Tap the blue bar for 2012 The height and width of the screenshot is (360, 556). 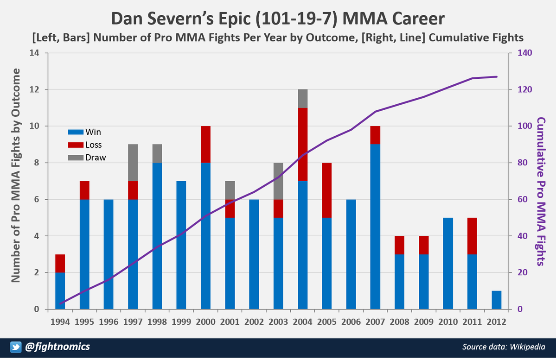point(497,300)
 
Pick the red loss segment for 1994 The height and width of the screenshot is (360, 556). point(60,263)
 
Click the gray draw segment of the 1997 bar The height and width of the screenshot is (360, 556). point(133,162)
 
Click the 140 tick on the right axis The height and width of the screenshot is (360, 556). point(524,53)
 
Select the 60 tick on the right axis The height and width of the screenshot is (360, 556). point(522,200)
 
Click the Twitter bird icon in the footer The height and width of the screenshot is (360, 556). point(15,347)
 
